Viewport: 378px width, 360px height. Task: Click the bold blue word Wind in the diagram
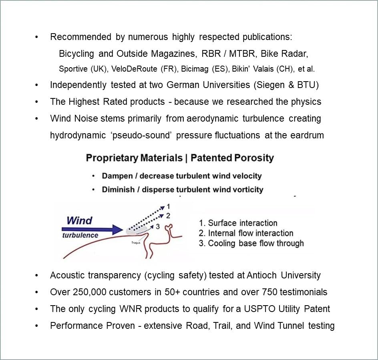79,220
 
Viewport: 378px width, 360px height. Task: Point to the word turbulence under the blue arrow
80,235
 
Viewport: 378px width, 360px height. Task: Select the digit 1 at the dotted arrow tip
169,207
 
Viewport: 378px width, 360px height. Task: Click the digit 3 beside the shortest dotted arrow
158,226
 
